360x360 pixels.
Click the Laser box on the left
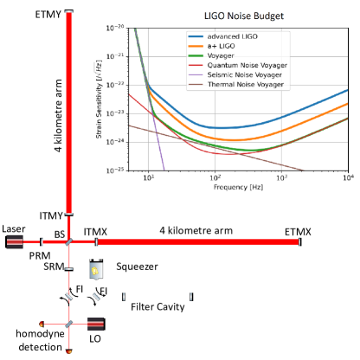click(14, 242)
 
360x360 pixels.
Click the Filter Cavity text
click(159, 307)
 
